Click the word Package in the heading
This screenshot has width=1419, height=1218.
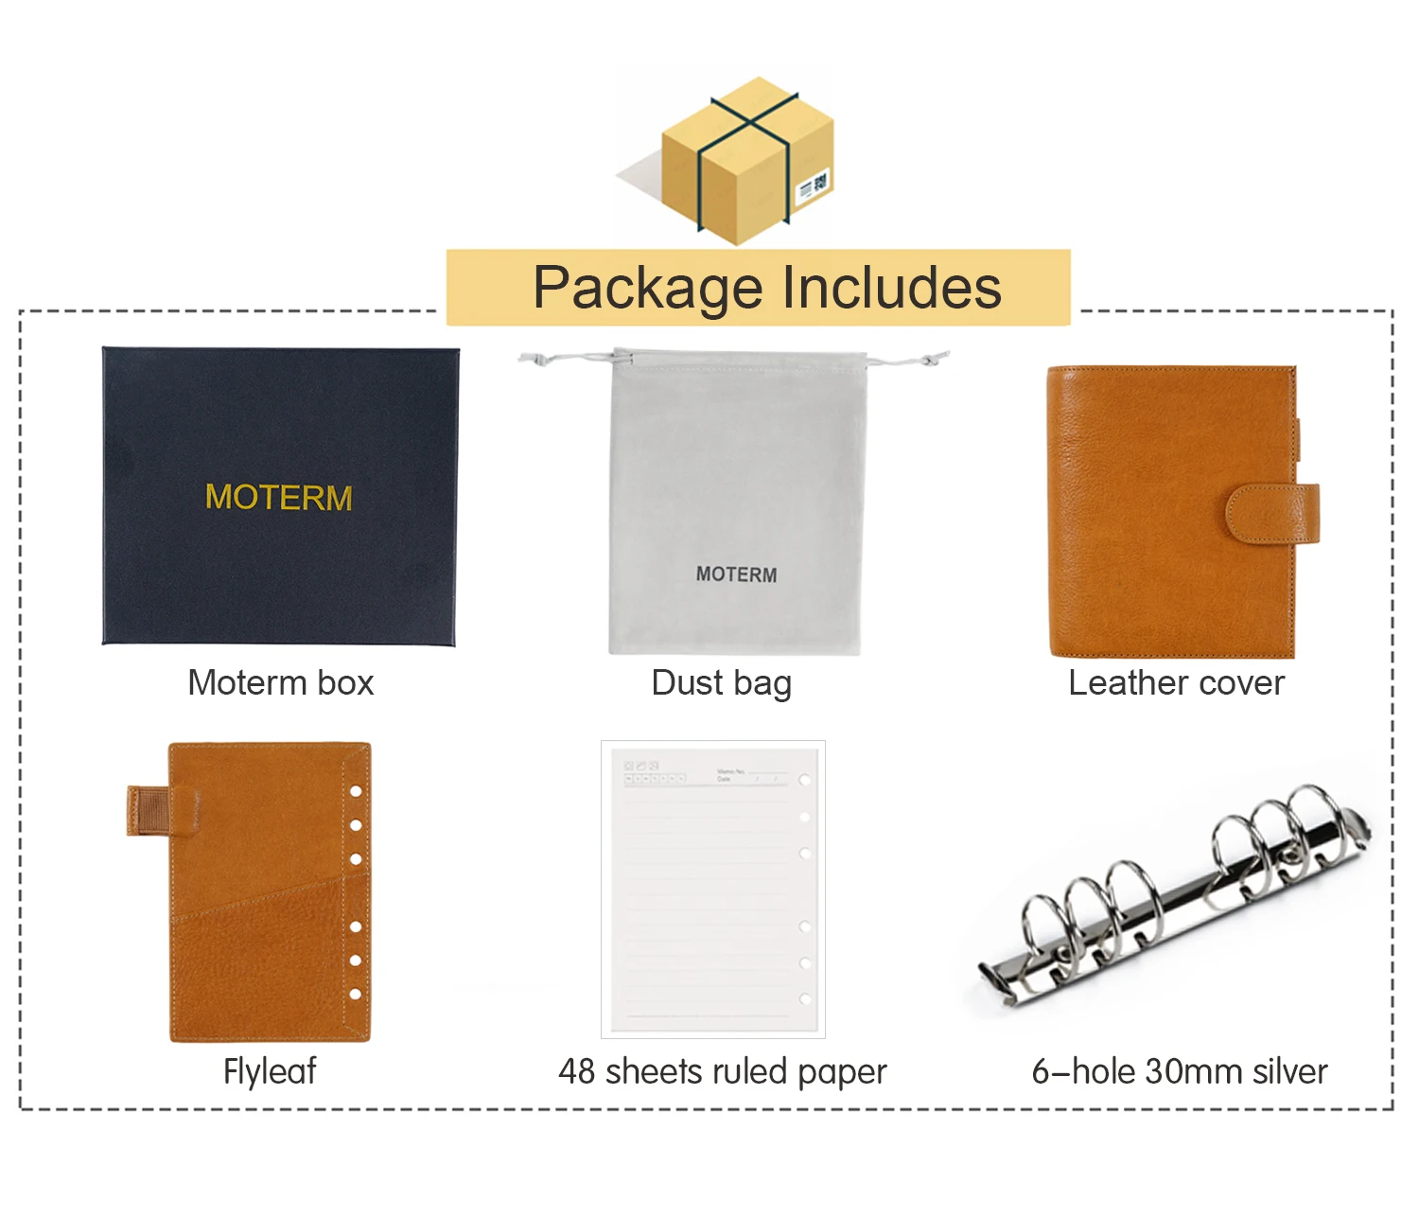point(647,288)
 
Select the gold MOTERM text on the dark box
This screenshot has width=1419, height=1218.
point(279,498)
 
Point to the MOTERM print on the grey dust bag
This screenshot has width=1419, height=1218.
point(736,574)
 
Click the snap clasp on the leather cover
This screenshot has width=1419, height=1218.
point(1273,514)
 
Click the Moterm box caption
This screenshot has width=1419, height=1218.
point(281,682)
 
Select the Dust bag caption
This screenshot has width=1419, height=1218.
point(721,682)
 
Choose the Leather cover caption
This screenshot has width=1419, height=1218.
point(1176,682)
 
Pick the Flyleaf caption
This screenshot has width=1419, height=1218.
point(270,1071)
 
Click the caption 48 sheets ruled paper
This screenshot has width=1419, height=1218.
point(722,1071)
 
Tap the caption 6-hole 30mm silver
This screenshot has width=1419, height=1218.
point(1180,1071)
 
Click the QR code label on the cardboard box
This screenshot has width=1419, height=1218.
point(814,185)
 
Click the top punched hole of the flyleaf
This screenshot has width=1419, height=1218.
point(357,791)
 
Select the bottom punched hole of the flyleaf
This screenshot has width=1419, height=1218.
point(356,994)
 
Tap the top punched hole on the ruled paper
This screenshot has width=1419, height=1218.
point(805,781)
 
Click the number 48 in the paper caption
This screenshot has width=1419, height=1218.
point(577,1071)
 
